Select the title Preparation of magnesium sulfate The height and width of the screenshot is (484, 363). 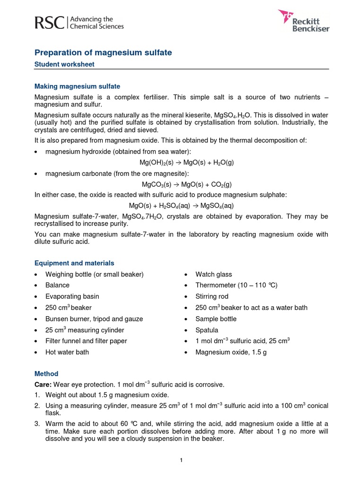(x=104, y=53)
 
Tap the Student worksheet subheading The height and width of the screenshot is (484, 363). (x=65, y=64)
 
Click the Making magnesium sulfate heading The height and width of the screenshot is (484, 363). (x=78, y=86)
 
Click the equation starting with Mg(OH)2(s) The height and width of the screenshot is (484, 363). (x=187, y=162)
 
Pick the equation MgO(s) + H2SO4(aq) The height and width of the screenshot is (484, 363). (x=181, y=206)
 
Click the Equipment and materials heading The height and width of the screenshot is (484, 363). (x=74, y=263)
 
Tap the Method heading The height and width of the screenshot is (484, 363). (x=46, y=373)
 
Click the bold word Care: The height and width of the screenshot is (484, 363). (x=43, y=384)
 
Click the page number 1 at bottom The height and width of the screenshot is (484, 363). (x=181, y=461)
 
